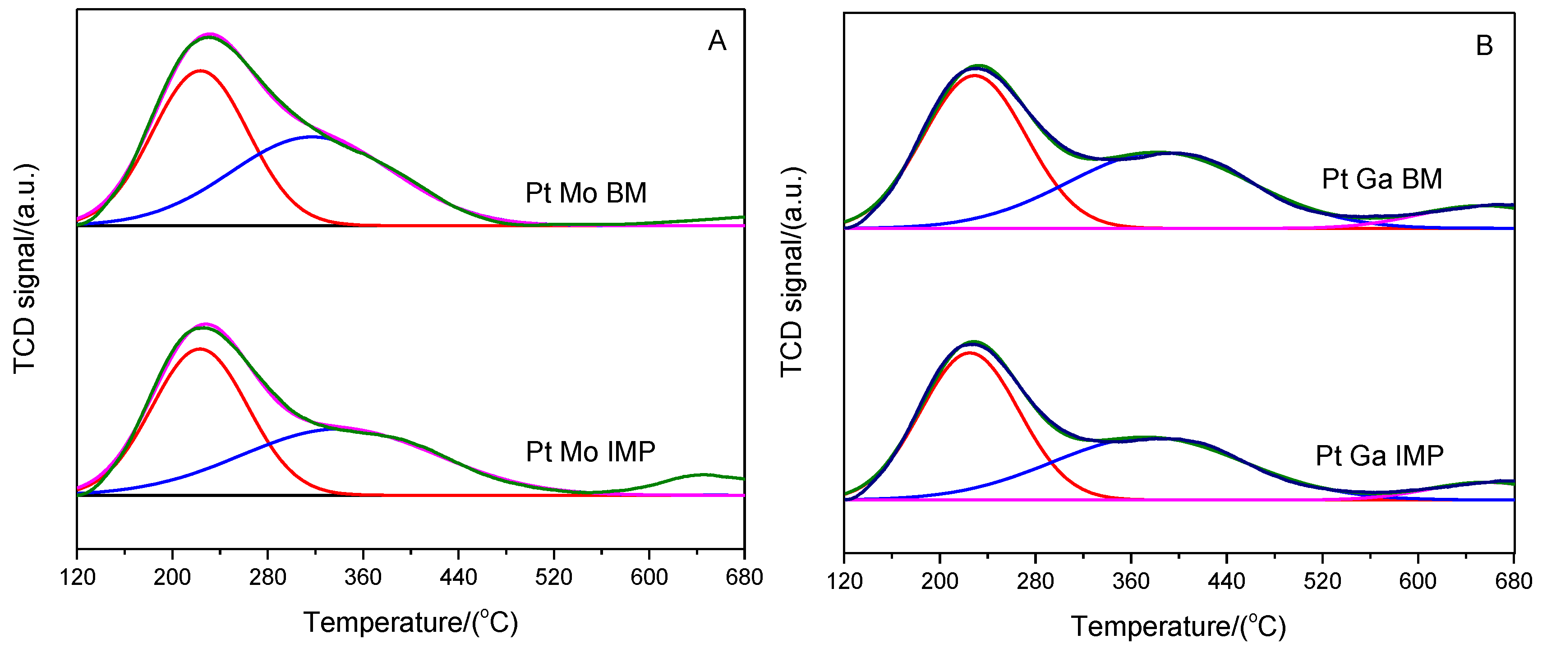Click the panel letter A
tap(717, 41)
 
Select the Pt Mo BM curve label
tap(586, 193)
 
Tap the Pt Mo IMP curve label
tap(590, 452)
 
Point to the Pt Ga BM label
tap(1382, 179)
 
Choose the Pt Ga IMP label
tap(1380, 456)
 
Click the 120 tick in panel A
tap(78, 578)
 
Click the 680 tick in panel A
tap(744, 578)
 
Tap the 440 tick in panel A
tap(458, 578)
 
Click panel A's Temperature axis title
tap(411, 623)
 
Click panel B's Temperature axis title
tap(1178, 626)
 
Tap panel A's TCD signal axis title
tap(25, 268)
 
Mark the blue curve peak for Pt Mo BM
tap(311, 137)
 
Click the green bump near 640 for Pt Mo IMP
tap(703, 474)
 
